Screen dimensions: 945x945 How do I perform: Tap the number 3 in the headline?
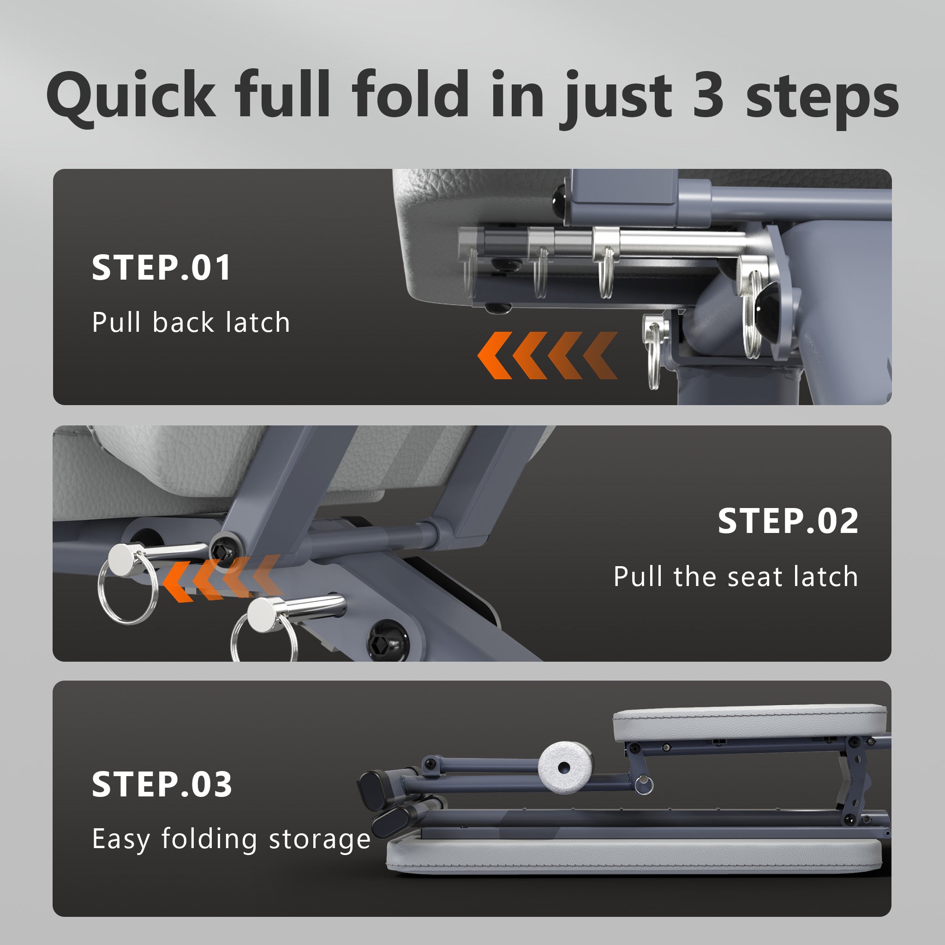[x=708, y=95]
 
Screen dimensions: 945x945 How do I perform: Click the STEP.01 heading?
[x=161, y=268]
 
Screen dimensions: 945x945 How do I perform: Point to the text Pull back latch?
[x=191, y=323]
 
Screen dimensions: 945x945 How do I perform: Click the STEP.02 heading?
[x=788, y=521]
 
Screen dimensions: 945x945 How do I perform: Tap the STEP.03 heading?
[x=161, y=784]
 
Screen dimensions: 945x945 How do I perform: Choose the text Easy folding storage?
[x=231, y=840]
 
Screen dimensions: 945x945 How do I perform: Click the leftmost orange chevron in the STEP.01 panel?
[x=494, y=356]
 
